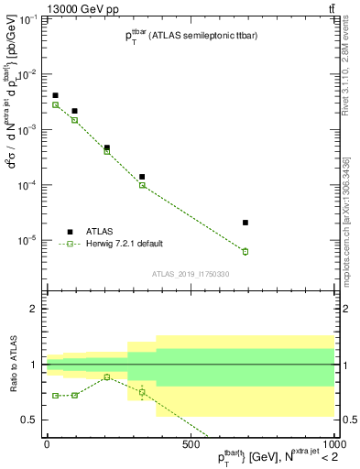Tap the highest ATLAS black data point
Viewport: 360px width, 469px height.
(x=55, y=95)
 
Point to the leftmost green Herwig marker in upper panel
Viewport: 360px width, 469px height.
(x=55, y=105)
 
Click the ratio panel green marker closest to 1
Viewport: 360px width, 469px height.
(x=107, y=376)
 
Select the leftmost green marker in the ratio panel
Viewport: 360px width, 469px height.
(x=55, y=396)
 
